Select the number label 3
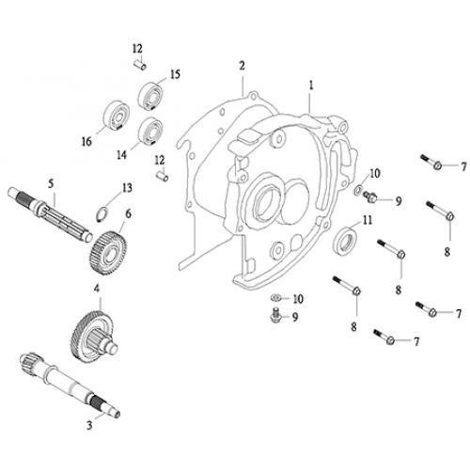click(x=89, y=424)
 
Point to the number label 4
click(x=96, y=288)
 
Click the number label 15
click(x=175, y=74)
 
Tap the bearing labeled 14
click(x=148, y=130)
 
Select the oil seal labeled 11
click(x=346, y=241)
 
